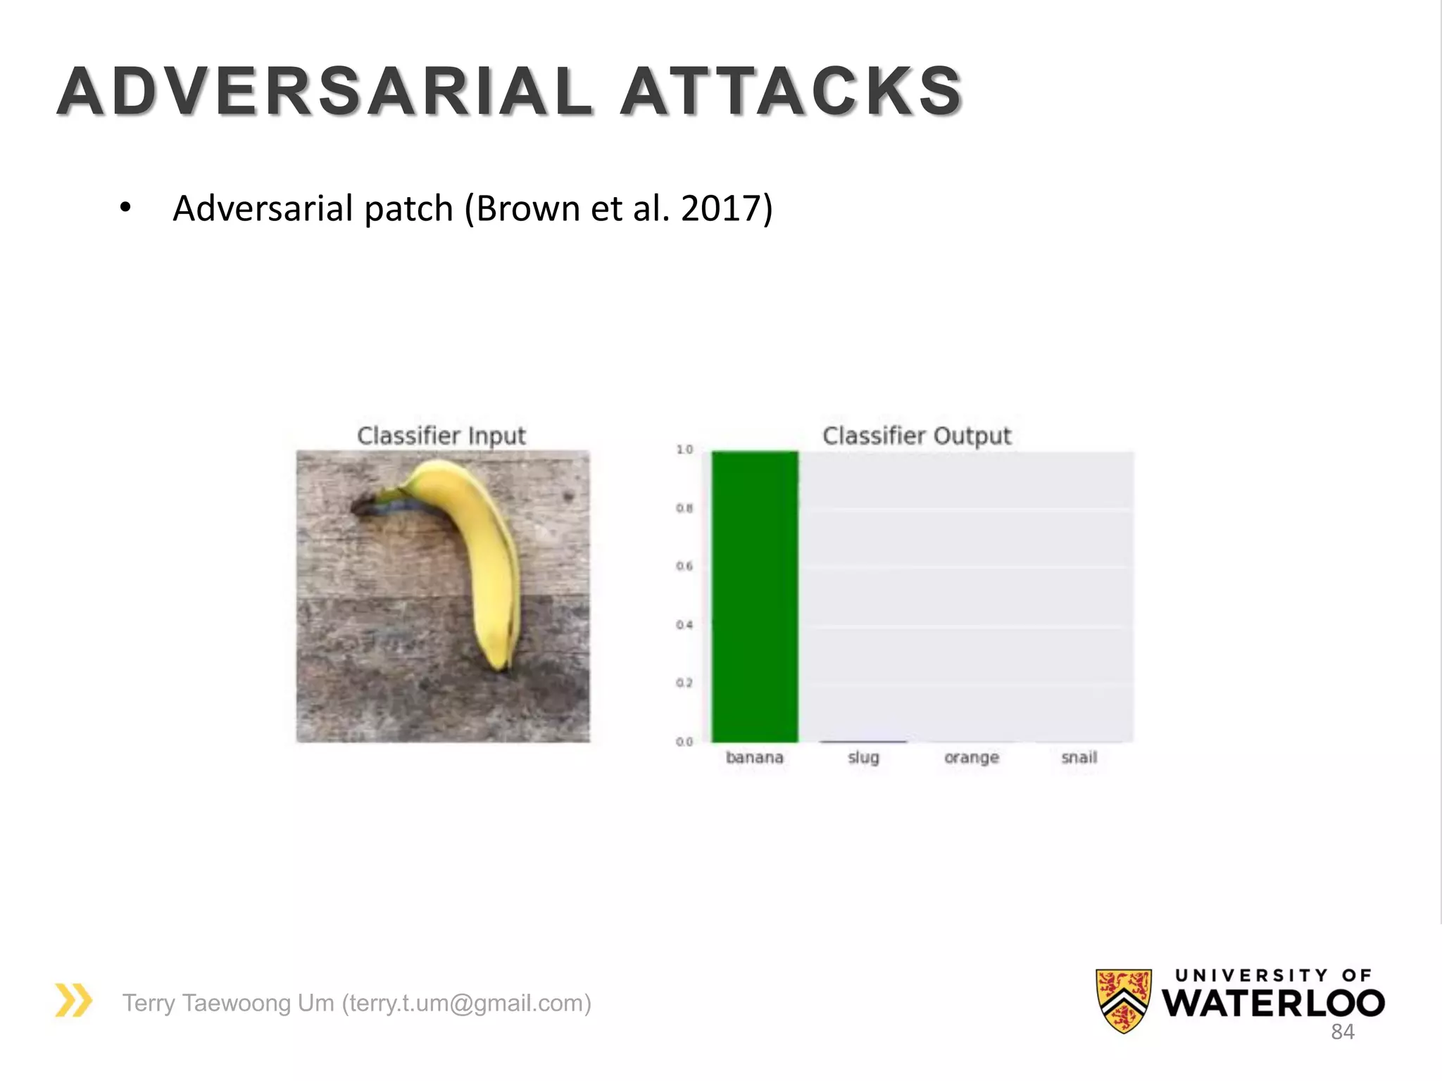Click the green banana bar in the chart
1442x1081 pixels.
click(x=755, y=596)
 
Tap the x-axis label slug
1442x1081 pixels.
click(x=863, y=757)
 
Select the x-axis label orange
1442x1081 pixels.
click(x=972, y=757)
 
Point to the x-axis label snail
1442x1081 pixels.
click(x=1079, y=757)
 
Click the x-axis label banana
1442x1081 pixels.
click(x=755, y=757)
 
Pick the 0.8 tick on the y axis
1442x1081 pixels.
click(x=684, y=508)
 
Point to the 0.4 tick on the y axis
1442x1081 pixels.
click(x=684, y=625)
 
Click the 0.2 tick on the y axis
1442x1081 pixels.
click(x=684, y=683)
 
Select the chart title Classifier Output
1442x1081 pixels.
click(x=917, y=436)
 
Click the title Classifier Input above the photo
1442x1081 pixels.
click(x=441, y=436)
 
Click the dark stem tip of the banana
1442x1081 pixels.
click(x=363, y=505)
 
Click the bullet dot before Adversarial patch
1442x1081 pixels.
click(x=125, y=208)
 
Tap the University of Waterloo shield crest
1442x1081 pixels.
click(x=1124, y=1000)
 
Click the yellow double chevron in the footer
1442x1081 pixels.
click(x=74, y=1000)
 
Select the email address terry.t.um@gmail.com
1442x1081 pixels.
click(x=466, y=1003)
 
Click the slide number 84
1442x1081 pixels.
click(x=1343, y=1032)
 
